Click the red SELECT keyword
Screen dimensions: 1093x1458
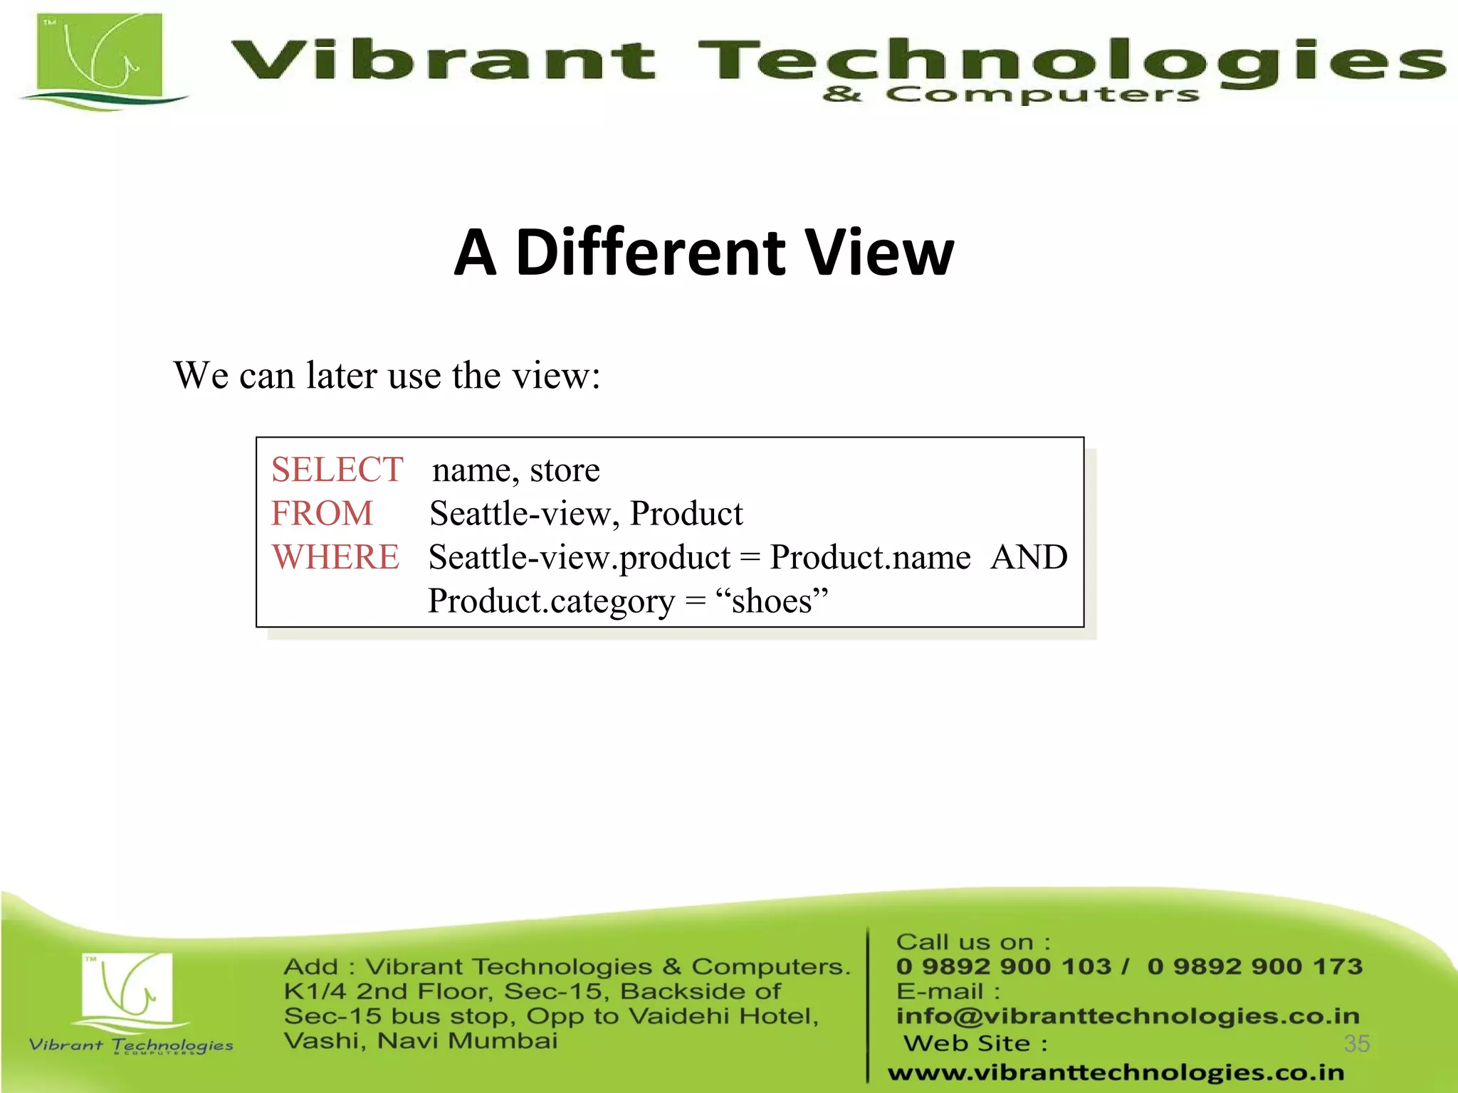click(x=337, y=470)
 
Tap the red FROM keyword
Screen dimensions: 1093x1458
click(x=322, y=514)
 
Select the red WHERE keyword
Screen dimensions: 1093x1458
click(x=335, y=557)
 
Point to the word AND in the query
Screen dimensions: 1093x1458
click(x=1029, y=557)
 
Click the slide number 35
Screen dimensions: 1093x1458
click(x=1356, y=1043)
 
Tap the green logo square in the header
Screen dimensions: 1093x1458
click(x=99, y=57)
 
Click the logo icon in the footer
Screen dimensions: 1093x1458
click(x=127, y=989)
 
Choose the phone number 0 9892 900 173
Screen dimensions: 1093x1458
click(x=1254, y=966)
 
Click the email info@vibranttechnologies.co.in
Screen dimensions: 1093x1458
click(x=1128, y=1016)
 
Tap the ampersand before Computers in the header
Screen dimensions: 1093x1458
click(x=842, y=94)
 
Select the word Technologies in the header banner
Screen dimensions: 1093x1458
click(x=1071, y=60)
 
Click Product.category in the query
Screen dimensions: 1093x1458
click(x=551, y=601)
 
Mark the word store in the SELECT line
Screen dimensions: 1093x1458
click(x=565, y=470)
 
